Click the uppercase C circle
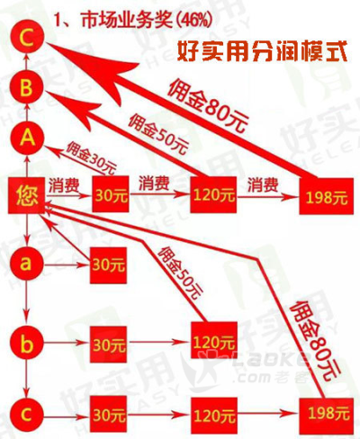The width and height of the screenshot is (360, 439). (27, 37)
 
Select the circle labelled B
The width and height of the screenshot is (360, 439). (26, 87)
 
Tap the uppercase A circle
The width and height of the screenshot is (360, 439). (27, 138)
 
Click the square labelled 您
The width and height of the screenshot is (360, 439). (26, 195)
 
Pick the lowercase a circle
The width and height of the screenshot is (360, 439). (26, 264)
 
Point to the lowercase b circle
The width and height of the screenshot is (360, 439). (26, 343)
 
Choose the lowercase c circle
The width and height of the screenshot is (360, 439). (26, 415)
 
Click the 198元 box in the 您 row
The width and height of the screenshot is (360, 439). (326, 196)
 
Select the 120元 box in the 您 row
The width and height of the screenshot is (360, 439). (213, 194)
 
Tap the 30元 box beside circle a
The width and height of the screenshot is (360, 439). (108, 265)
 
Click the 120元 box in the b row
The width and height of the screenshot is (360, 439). (214, 341)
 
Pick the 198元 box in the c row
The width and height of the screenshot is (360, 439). (327, 416)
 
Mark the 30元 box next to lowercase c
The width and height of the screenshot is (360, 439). (108, 416)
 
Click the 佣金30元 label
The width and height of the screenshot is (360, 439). (91, 158)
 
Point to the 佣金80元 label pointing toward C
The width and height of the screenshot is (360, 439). (208, 105)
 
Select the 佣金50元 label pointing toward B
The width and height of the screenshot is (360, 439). (158, 134)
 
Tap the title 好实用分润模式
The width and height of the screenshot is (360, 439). (262, 51)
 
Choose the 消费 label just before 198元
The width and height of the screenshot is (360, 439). (263, 184)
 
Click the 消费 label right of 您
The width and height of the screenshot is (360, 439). (64, 184)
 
